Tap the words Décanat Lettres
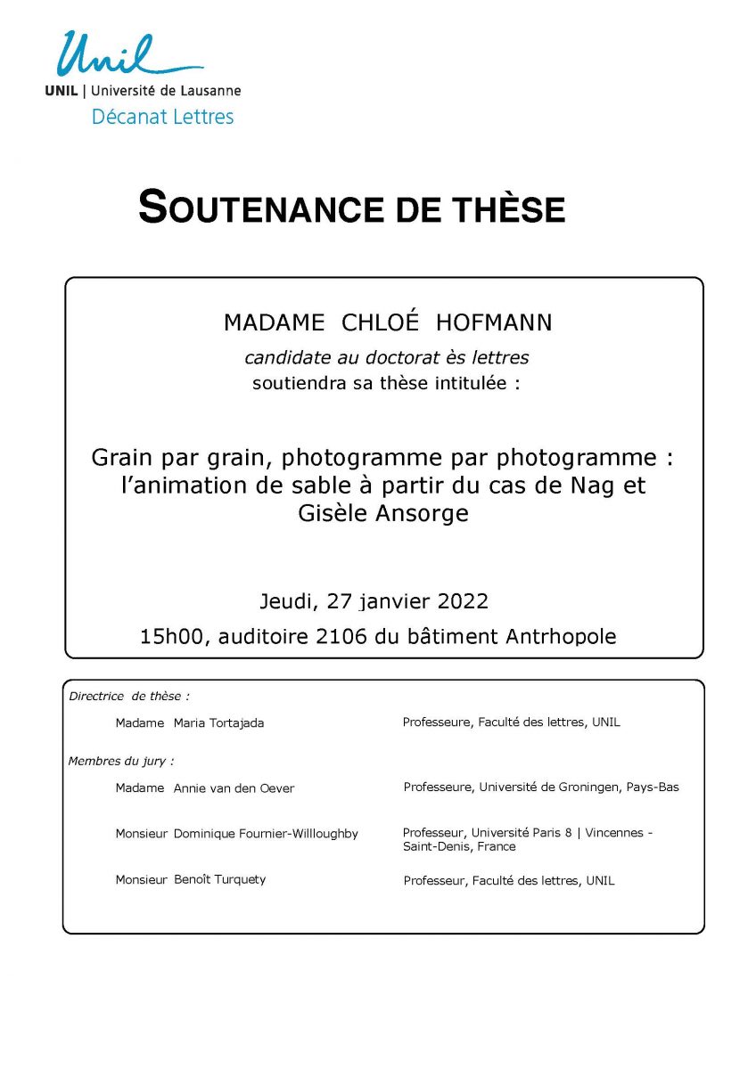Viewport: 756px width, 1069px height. pos(162,117)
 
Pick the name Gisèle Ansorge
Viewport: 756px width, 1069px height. pos(383,514)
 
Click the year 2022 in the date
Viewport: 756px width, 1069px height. pos(463,601)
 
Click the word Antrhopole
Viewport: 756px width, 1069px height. pos(561,637)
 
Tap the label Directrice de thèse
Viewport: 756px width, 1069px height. pos(129,697)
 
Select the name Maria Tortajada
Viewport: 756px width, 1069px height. pos(218,723)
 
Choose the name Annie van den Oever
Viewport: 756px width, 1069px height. pos(234,788)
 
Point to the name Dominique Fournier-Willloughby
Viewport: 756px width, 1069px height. pos(266,834)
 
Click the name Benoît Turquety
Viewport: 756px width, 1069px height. pos(219,880)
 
